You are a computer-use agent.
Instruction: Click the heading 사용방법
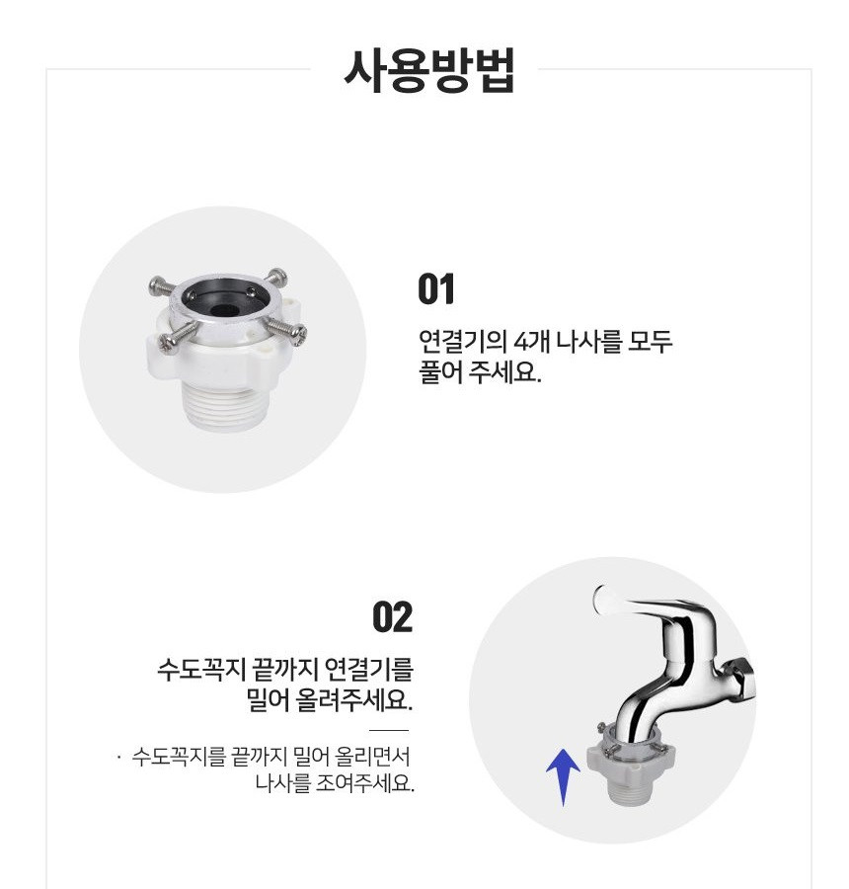[x=429, y=71]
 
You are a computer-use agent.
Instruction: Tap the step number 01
[x=435, y=289]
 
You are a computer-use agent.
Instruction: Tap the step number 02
[x=392, y=616]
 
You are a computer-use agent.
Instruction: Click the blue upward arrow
[x=563, y=776]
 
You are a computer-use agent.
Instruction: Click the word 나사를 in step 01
[x=588, y=342]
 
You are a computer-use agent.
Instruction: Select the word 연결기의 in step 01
[x=462, y=342]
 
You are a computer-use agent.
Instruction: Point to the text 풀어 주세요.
[x=480, y=372]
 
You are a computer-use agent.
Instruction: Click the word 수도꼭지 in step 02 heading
[x=201, y=670]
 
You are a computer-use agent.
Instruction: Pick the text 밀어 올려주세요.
[x=330, y=700]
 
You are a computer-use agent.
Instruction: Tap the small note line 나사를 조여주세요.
[x=335, y=783]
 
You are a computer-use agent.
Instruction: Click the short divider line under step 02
[x=389, y=731]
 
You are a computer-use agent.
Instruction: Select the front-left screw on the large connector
[x=177, y=338]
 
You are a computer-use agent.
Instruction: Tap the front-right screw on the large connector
[x=286, y=331]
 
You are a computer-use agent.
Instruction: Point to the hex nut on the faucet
[x=740, y=675]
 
